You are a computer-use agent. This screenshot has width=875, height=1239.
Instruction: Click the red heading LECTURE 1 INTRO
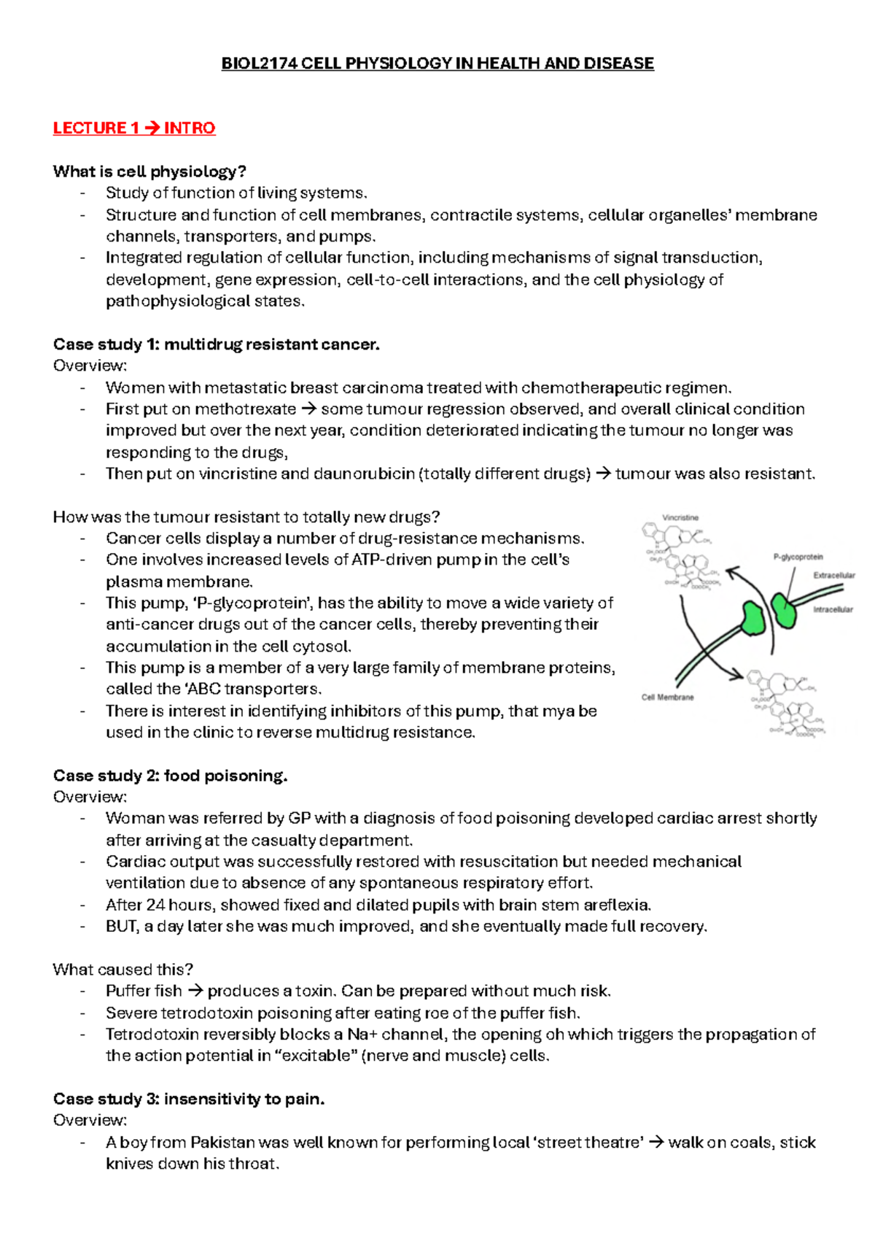[x=134, y=128]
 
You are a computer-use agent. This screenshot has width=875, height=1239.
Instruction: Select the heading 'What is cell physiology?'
[x=149, y=171]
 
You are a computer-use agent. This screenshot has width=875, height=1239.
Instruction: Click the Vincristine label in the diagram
[x=680, y=517]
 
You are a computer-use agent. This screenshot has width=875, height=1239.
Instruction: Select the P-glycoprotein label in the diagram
[x=798, y=557]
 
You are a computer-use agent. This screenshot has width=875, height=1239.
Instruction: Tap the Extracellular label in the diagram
[x=833, y=576]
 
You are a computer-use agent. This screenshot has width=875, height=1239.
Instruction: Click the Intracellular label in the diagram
[x=833, y=609]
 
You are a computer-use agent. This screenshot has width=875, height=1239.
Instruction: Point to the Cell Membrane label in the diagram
[x=667, y=698]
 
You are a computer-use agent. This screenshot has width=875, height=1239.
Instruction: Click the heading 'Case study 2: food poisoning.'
[x=170, y=776]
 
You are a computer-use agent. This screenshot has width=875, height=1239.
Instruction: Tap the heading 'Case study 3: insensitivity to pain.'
[x=189, y=1099]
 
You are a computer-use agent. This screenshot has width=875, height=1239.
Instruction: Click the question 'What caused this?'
[x=122, y=970]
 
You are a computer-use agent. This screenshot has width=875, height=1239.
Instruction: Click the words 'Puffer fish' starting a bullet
[x=144, y=992]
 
